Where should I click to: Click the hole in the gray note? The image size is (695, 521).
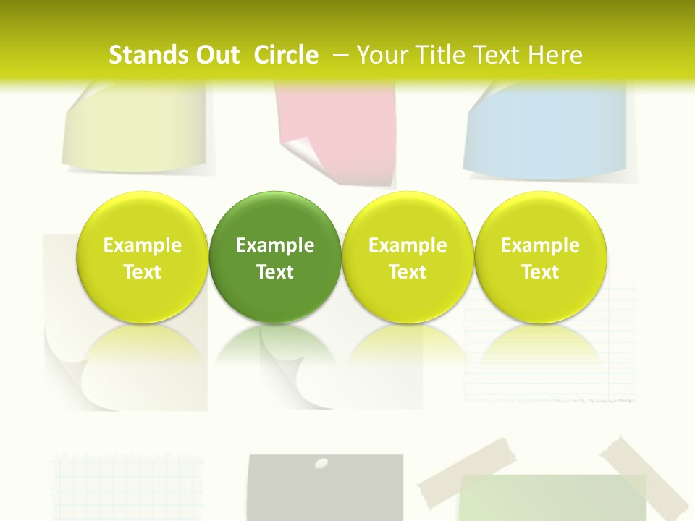pos(322,463)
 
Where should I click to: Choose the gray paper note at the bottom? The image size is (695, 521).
pos(326,492)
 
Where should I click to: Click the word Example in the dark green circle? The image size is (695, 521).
pos(275,245)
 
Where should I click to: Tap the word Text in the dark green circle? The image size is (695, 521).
pos(275,272)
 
